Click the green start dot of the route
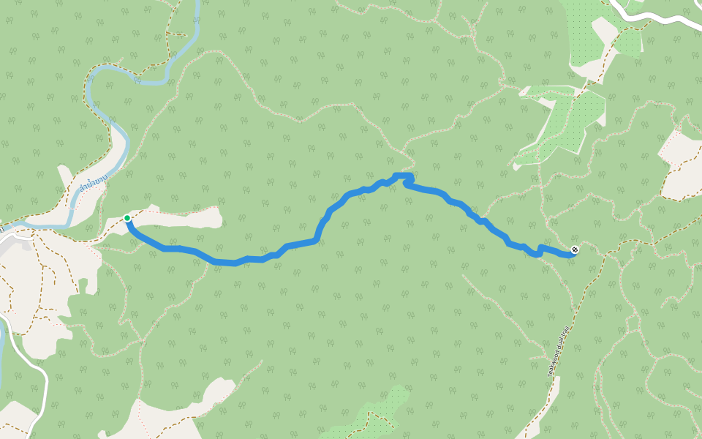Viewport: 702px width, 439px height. pyautogui.click(x=127, y=218)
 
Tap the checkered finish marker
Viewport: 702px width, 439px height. pyautogui.click(x=575, y=250)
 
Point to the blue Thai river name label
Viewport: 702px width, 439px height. pyautogui.click(x=93, y=187)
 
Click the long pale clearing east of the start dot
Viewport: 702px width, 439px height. pyautogui.click(x=183, y=217)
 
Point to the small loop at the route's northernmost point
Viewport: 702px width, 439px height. pyautogui.click(x=404, y=178)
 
